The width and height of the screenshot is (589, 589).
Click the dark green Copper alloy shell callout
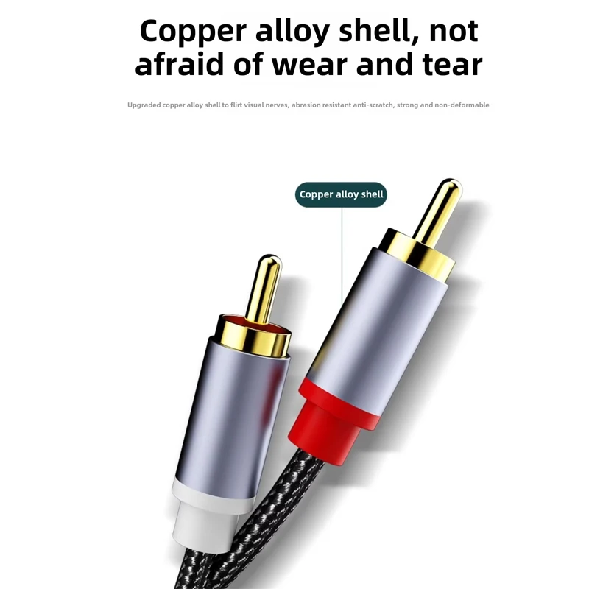(x=342, y=194)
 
